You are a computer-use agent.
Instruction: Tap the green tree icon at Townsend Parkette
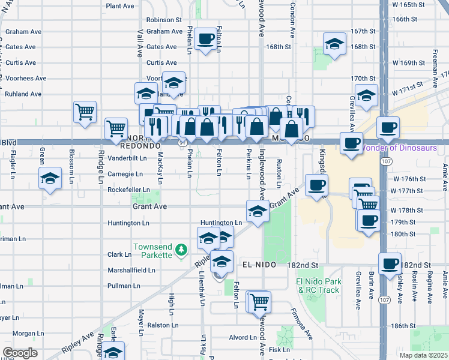(180, 255)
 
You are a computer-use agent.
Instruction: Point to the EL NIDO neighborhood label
(259, 265)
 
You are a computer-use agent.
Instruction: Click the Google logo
(20, 353)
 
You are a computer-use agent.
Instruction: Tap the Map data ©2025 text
(423, 355)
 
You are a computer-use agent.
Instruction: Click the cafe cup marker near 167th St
(206, 40)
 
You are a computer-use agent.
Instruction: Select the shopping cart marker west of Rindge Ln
(85, 111)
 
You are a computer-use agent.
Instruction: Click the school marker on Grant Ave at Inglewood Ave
(257, 211)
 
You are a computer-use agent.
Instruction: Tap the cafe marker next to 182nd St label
(390, 264)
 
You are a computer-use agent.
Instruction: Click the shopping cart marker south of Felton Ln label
(259, 302)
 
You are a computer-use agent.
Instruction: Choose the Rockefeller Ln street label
(128, 190)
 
